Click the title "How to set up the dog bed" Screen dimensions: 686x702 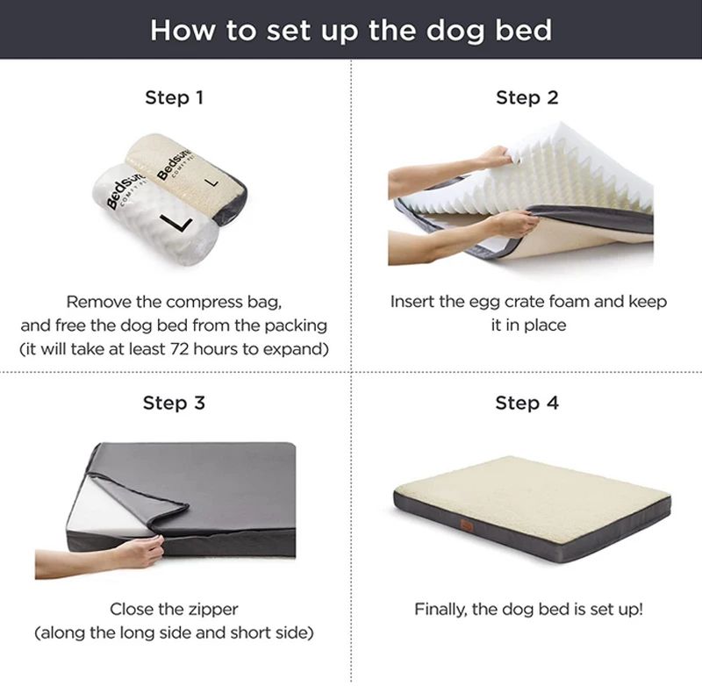[351, 30]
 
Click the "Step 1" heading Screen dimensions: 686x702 [174, 97]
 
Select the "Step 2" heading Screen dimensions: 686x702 [526, 97]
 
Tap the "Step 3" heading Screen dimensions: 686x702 [174, 404]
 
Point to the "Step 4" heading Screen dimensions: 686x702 [526, 404]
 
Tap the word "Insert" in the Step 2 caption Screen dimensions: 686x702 [413, 302]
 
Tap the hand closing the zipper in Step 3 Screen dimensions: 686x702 [140, 551]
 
